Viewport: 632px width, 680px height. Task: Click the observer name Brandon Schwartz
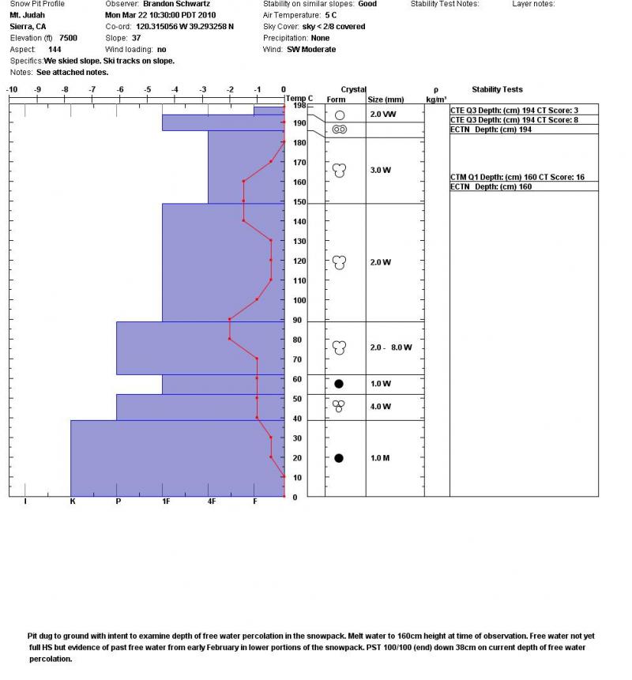pos(176,4)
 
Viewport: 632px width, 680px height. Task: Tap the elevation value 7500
pos(68,38)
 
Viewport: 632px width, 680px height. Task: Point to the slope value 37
pos(136,38)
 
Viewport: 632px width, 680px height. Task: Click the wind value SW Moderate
pos(311,49)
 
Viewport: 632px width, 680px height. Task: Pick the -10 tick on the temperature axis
pos(12,89)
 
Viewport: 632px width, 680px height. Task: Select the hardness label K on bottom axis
pos(72,502)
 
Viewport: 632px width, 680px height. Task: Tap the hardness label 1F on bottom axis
pos(164,502)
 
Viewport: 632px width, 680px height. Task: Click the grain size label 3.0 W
pos(381,170)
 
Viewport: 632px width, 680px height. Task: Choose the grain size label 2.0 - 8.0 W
pos(391,348)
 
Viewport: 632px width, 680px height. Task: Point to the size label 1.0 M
pos(381,458)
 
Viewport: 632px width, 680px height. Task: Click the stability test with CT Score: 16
pos(517,178)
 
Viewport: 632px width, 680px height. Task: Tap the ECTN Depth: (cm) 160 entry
pos(491,187)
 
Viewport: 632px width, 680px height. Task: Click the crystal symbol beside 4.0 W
pos(339,406)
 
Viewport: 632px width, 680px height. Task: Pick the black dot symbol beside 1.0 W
pos(339,384)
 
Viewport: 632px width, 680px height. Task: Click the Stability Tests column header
pos(497,89)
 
